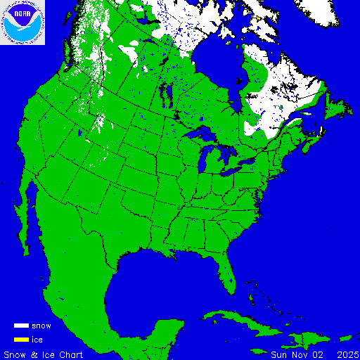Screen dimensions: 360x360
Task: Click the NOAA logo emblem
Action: click(x=23, y=23)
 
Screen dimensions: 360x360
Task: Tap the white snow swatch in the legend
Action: click(x=21, y=326)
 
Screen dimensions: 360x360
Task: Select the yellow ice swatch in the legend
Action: click(x=21, y=340)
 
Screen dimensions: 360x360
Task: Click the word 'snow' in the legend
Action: click(x=41, y=326)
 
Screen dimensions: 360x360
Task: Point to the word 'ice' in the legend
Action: click(x=37, y=340)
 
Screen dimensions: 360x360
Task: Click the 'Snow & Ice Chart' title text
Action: click(x=44, y=354)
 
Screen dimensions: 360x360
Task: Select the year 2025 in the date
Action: click(x=347, y=354)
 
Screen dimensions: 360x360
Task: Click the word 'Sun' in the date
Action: click(x=279, y=354)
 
